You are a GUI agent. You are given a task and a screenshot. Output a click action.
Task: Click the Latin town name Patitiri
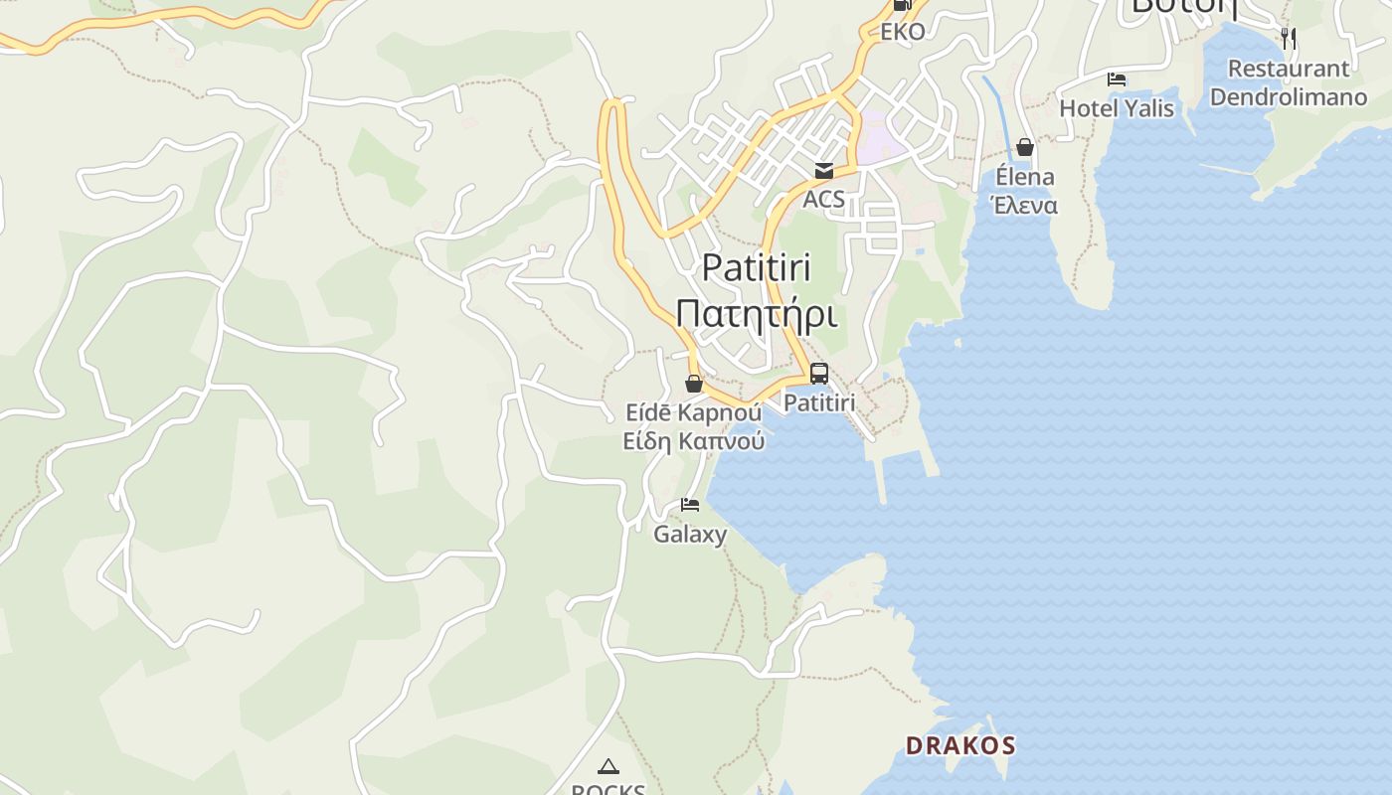click(x=757, y=268)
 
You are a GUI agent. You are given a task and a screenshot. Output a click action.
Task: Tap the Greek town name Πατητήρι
click(x=757, y=313)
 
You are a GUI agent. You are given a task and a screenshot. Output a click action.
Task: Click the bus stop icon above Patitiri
click(x=819, y=374)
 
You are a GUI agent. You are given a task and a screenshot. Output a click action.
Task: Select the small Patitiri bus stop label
click(x=819, y=402)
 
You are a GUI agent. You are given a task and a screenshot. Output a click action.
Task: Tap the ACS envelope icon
click(x=824, y=171)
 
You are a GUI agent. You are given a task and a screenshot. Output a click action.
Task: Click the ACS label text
click(x=824, y=199)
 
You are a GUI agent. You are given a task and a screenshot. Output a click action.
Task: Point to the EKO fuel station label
click(x=903, y=32)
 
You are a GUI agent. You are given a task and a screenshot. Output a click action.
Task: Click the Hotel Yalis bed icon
click(x=1117, y=79)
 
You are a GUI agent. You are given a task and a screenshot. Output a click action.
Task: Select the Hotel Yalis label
click(x=1117, y=108)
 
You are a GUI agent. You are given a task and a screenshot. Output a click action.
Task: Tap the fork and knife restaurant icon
click(x=1289, y=39)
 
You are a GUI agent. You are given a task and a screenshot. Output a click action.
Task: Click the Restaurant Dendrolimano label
click(x=1289, y=83)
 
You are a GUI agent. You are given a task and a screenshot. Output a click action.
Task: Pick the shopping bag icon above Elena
click(x=1025, y=148)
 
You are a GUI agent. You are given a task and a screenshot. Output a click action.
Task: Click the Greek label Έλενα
click(x=1024, y=206)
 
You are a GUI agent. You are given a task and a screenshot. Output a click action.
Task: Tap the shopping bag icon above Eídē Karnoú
click(x=694, y=384)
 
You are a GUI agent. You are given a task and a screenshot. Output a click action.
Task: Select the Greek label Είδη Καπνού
click(x=694, y=441)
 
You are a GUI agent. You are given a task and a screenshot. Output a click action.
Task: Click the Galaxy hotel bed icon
click(x=690, y=505)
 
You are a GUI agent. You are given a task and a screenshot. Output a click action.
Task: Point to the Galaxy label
click(x=690, y=534)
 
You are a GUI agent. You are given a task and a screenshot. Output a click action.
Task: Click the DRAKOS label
click(x=960, y=745)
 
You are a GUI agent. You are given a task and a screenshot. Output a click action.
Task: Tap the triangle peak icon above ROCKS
click(x=608, y=766)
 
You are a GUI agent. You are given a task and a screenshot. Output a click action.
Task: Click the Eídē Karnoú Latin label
click(x=694, y=412)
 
